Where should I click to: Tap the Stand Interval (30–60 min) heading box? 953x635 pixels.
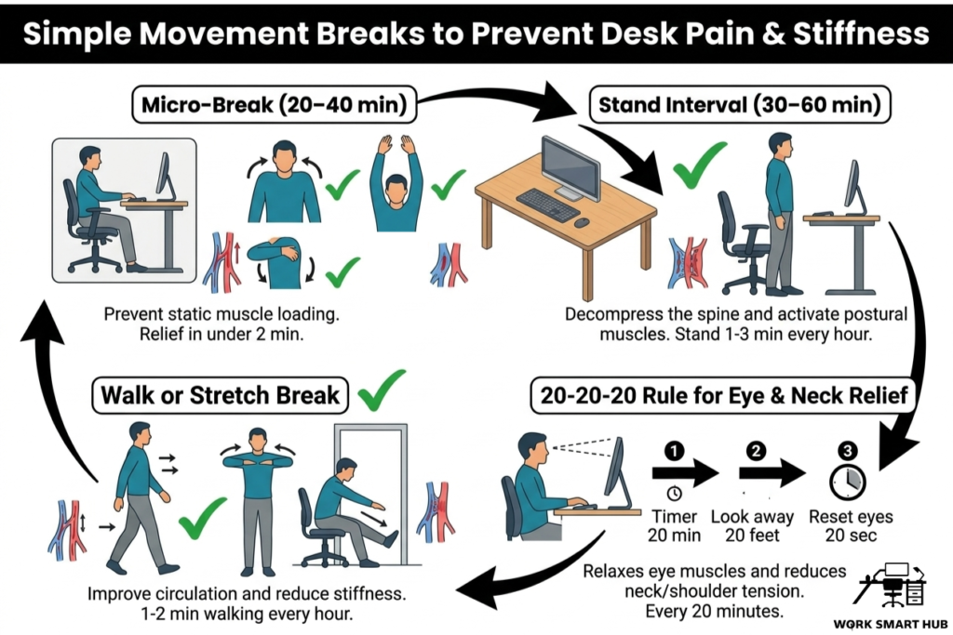[x=740, y=105]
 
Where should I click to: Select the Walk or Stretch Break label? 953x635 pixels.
[x=220, y=394]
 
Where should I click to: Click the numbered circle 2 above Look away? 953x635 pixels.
[x=756, y=452]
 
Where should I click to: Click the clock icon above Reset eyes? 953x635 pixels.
[x=847, y=481]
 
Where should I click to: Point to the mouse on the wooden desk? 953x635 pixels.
[x=582, y=223]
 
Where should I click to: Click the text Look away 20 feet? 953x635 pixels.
[x=752, y=526]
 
